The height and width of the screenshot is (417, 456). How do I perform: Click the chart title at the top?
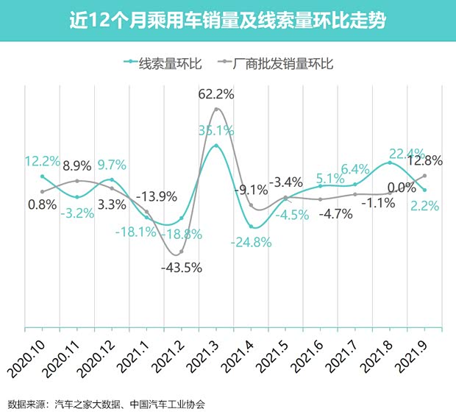pos(228,21)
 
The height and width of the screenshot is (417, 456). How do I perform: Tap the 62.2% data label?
pos(216,94)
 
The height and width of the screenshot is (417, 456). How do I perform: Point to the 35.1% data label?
pos(215,131)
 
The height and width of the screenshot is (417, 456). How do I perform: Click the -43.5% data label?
pos(181,268)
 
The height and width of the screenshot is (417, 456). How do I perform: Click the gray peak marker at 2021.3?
pos(216,110)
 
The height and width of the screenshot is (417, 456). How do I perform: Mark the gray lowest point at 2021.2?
pos(181,252)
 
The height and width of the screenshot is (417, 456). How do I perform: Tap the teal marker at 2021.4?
pos(251,227)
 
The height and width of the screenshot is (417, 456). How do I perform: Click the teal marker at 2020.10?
pos(42,177)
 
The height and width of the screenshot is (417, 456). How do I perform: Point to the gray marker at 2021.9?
pos(425,176)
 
